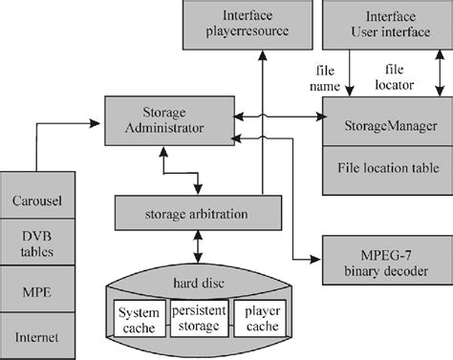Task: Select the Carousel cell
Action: [x=37, y=201]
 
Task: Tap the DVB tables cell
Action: [x=37, y=243]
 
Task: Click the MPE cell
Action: [x=37, y=287]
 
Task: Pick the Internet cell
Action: [x=37, y=335]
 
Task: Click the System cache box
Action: [x=139, y=320]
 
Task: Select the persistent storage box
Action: [x=200, y=320]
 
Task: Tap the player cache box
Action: [x=260, y=320]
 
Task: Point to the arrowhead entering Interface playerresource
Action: [x=261, y=57]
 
